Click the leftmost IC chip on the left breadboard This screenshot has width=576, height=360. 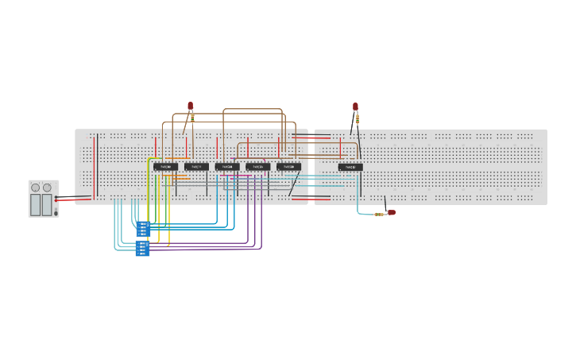165,167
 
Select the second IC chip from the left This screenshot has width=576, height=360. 196,167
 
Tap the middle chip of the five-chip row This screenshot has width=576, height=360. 227,167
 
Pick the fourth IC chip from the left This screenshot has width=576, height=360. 257,167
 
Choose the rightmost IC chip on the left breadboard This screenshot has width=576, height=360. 288,167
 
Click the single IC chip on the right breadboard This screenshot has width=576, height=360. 350,167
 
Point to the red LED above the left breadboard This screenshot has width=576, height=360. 191,106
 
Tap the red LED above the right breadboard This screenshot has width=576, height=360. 355,106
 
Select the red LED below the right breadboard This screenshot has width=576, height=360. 391,212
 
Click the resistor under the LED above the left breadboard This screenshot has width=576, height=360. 192,118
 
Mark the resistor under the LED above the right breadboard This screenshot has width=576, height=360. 357,119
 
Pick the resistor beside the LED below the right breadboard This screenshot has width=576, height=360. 379,214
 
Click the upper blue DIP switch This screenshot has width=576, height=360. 143,229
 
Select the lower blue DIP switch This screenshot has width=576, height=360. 142,248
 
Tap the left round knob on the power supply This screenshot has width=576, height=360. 35,188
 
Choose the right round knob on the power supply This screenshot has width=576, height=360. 47,188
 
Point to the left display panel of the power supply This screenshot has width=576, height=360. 35,205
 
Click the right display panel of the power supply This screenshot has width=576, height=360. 47,205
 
